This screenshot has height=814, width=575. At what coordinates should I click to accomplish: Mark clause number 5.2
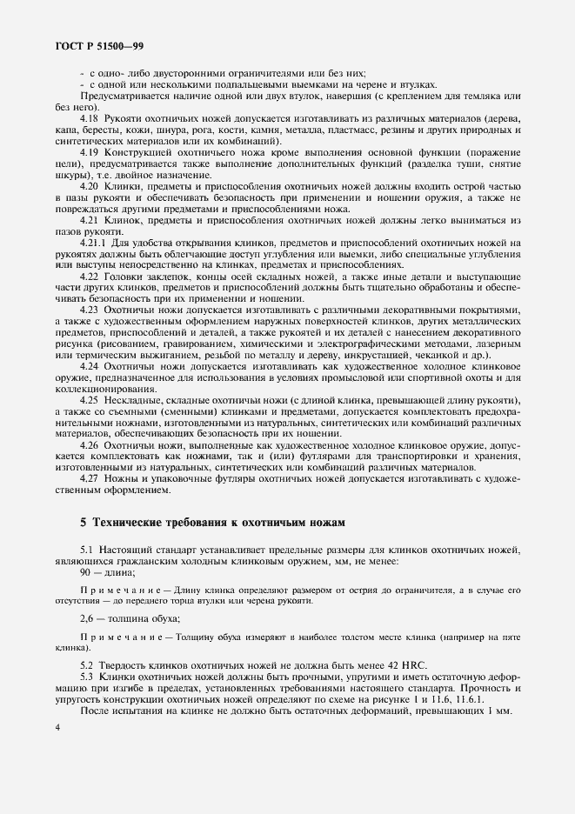click(87, 664)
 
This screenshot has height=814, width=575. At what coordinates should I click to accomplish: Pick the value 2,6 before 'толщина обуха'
click(87, 618)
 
